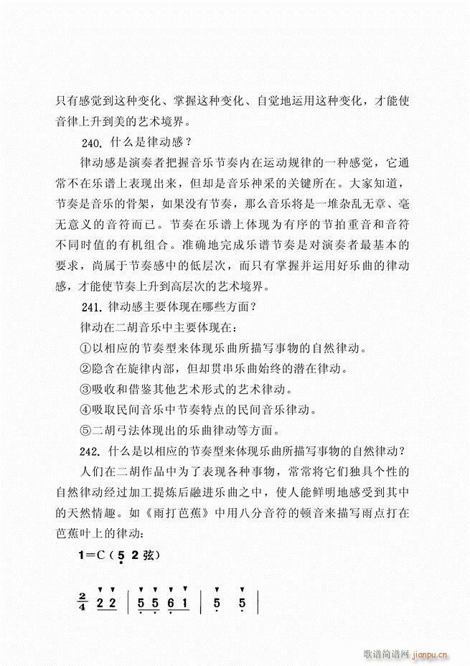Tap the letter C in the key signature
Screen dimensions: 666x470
tap(100, 554)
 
